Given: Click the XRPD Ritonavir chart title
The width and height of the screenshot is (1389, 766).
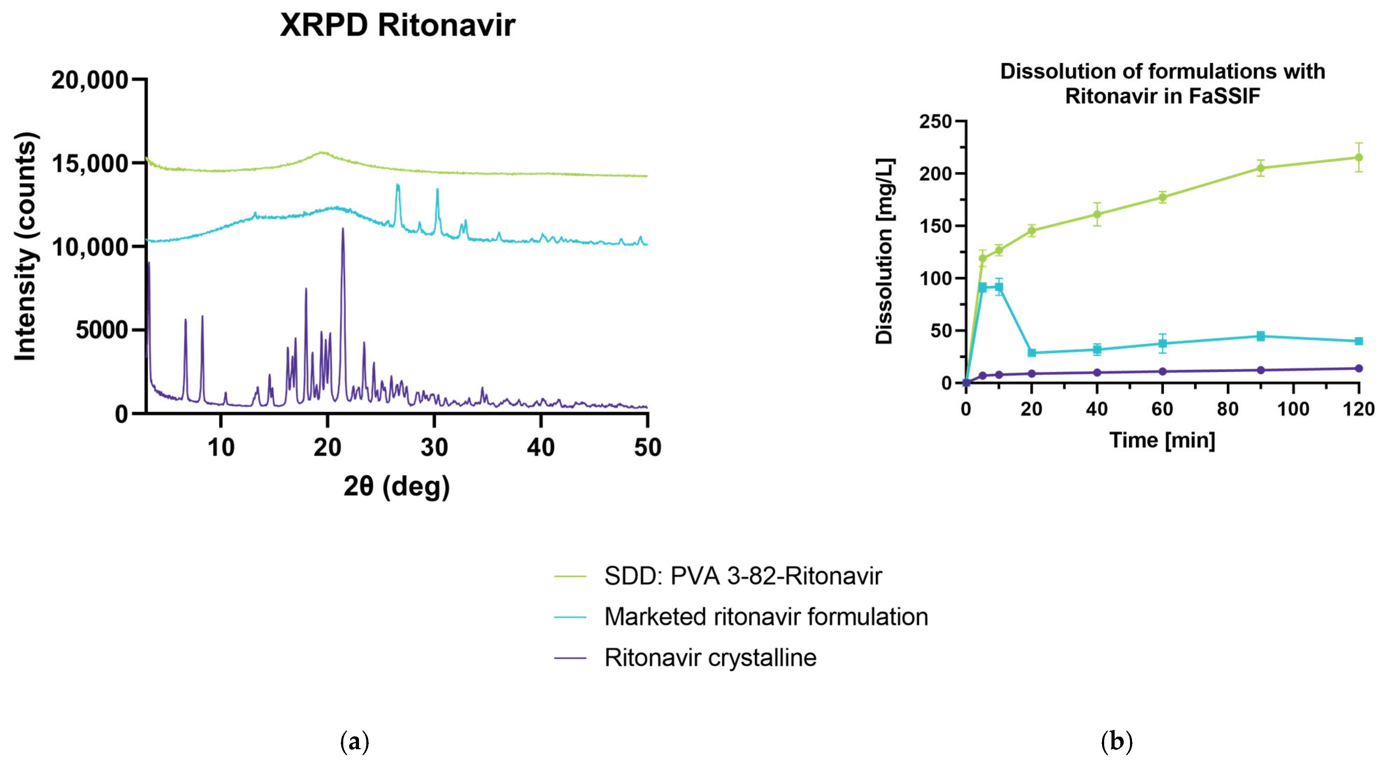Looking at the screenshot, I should (397, 25).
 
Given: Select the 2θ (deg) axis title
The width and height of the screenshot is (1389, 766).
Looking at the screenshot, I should (396, 486).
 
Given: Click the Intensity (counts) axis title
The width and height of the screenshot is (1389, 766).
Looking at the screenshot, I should (26, 246).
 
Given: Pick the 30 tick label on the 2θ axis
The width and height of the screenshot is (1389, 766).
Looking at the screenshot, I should (434, 447).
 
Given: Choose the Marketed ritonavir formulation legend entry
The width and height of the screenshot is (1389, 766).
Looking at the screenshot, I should (766, 617).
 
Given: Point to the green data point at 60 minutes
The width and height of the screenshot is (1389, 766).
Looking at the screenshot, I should (1163, 197).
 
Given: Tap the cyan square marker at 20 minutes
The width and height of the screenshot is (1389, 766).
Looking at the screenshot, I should (1031, 353).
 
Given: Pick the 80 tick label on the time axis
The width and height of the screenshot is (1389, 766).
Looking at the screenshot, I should (1228, 409).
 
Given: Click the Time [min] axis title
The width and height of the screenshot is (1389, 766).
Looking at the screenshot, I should (1162, 440).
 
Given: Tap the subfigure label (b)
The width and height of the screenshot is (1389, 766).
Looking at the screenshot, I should (1116, 742).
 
